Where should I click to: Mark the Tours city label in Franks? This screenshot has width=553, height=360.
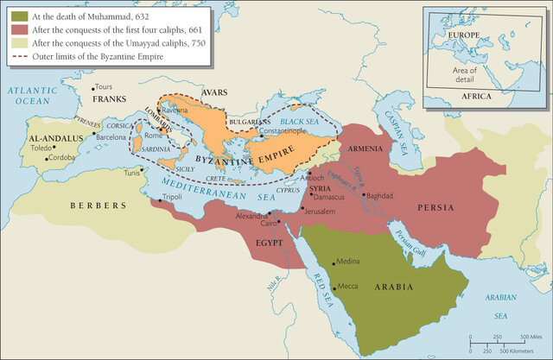pos(104,87)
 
